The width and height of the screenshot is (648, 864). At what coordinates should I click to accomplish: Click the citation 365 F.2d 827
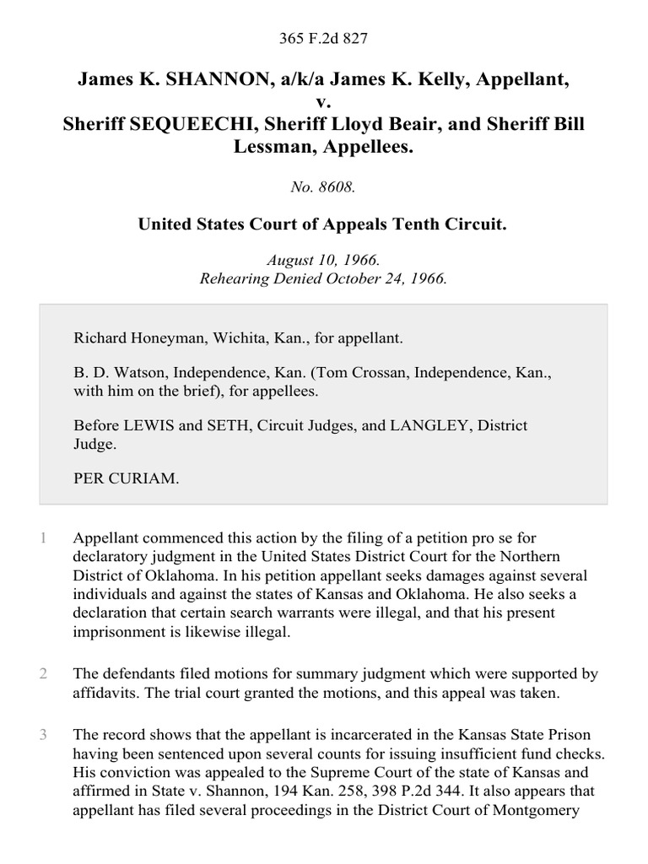pyautogui.click(x=323, y=38)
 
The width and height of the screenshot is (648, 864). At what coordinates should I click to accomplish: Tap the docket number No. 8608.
pyautogui.click(x=323, y=188)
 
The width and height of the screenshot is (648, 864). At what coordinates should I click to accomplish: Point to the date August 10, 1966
pyautogui.click(x=323, y=261)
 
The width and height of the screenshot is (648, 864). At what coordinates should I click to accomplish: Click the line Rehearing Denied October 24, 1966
pyautogui.click(x=323, y=278)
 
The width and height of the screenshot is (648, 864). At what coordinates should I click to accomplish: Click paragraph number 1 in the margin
pyautogui.click(x=42, y=537)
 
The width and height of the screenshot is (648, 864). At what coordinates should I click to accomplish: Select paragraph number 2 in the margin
pyautogui.click(x=42, y=674)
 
